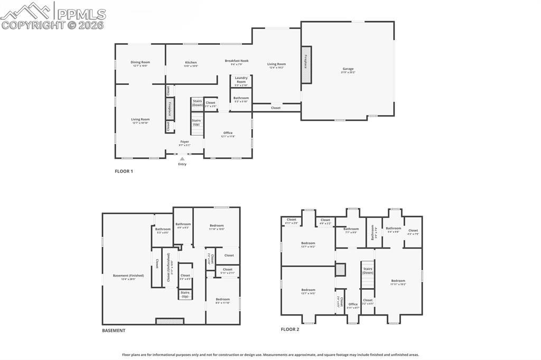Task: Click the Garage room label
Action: (x=348, y=69)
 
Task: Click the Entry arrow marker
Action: (x=182, y=158)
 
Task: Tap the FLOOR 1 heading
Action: (x=124, y=171)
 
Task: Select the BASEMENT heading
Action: (x=114, y=330)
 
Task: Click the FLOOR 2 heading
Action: (x=290, y=329)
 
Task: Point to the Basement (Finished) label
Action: (x=128, y=276)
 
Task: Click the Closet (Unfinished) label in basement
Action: (x=169, y=268)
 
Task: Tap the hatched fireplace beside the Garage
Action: (x=306, y=64)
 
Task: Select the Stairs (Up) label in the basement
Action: (x=185, y=294)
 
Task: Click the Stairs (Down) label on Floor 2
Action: (x=368, y=270)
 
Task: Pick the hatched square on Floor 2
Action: (x=341, y=269)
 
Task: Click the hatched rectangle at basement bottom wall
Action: (x=170, y=321)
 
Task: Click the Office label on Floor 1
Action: (x=228, y=134)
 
